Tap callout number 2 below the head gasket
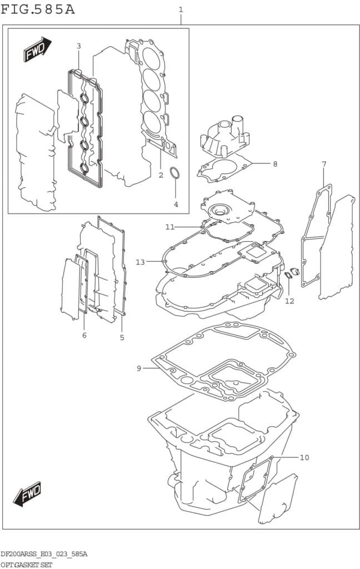161,176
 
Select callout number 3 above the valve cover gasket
78,46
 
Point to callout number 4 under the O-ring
176,204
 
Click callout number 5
122,337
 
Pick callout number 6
84,335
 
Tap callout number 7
324,164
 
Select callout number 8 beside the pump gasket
274,164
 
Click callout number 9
139,368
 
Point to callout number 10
304,457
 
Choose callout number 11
169,227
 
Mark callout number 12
289,301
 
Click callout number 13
140,262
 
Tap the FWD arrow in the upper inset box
37,50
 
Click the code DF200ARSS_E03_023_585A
44,554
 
